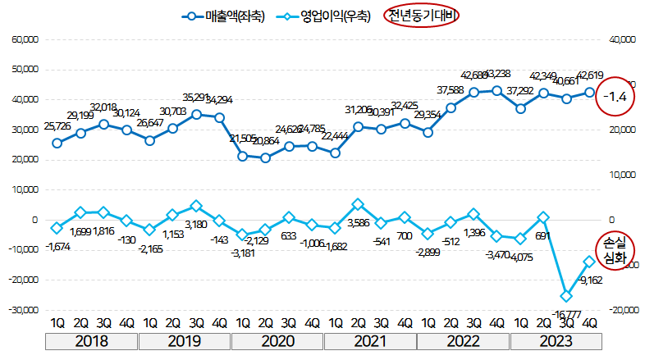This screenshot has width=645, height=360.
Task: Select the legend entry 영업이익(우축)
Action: tap(325, 15)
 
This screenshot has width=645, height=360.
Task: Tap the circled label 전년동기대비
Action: tap(424, 15)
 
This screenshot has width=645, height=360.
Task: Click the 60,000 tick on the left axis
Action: tap(25, 39)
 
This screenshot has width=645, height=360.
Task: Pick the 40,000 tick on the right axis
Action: tap(621, 39)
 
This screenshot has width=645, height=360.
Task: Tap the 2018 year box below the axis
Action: tap(91, 339)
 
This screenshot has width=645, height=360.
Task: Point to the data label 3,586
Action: tap(358, 221)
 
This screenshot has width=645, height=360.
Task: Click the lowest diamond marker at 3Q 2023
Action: tap(565, 296)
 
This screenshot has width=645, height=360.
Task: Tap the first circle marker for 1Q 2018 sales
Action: tap(57, 143)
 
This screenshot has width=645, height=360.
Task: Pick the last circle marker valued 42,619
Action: tap(589, 93)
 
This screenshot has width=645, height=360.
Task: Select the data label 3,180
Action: tap(197, 223)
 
